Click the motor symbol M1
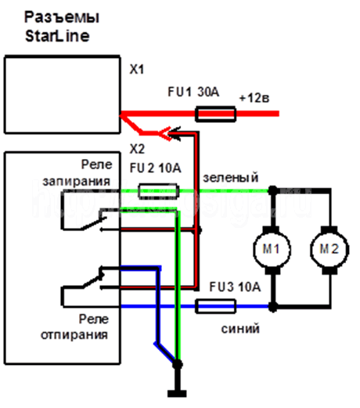pos(272,250)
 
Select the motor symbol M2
pos(329,250)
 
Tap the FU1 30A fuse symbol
pos(215,114)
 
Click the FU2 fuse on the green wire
pos(158,191)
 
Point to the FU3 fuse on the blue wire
pos(215,306)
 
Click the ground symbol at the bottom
pos(177,393)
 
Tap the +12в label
pos(254,99)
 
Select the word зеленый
pos(231,178)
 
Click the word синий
pos(240,329)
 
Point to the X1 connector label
pos(137,70)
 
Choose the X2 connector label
pos(137,149)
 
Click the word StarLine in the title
pos(57,36)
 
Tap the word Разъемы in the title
pos(62,18)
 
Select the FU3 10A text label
pos(235,287)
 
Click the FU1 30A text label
pos(193,92)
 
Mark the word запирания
pos(77,181)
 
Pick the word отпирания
pos(74,335)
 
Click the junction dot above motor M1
pos(273,191)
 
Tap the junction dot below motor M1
pos(273,307)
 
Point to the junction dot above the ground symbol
pos(178,364)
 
